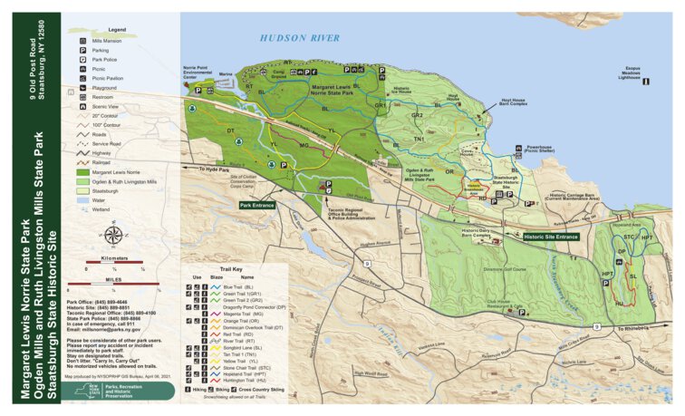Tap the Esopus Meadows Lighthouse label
point(635,73)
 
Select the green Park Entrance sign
point(257,206)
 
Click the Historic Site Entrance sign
point(550,237)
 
